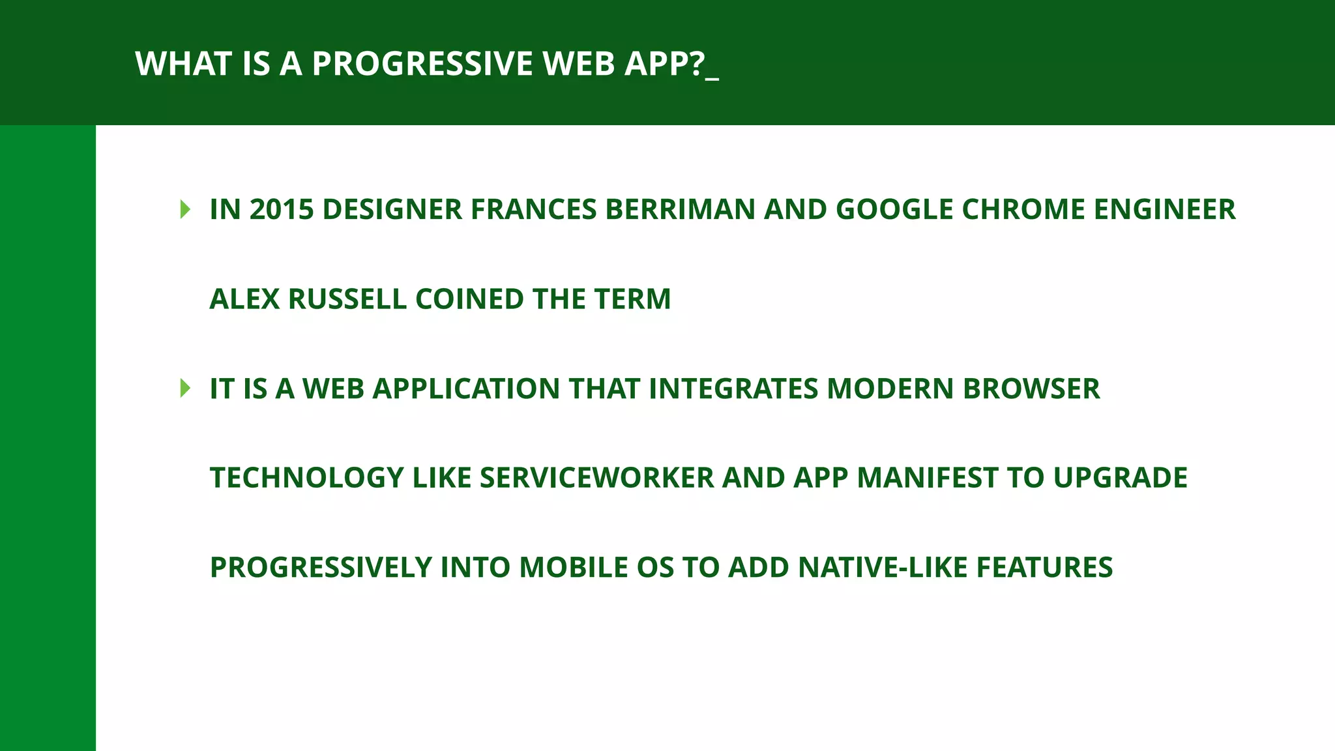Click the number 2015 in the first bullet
point(282,209)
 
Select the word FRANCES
point(534,209)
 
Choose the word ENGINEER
point(1165,209)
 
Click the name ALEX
point(244,299)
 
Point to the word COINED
point(469,299)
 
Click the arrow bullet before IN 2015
point(185,209)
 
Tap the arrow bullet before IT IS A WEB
point(185,389)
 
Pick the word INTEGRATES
point(733,389)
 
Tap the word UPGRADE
point(1121,478)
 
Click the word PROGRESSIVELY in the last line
point(321,567)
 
